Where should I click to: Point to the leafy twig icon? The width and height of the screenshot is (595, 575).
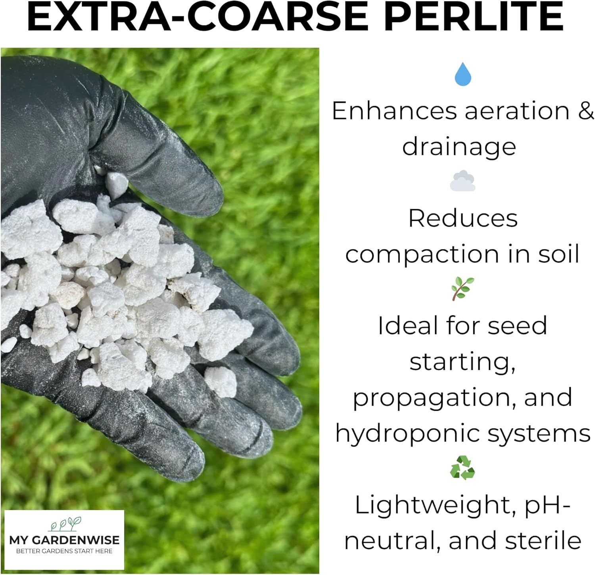coord(463,289)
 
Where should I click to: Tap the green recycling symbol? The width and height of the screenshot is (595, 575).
coord(463,467)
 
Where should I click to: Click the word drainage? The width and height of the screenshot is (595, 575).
coord(459,147)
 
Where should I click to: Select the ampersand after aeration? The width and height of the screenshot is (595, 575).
coord(586,111)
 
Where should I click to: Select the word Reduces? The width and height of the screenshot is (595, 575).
coord(463,219)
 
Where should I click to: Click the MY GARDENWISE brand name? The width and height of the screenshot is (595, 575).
coord(64,540)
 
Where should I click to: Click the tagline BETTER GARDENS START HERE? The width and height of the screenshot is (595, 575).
coord(64,551)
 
